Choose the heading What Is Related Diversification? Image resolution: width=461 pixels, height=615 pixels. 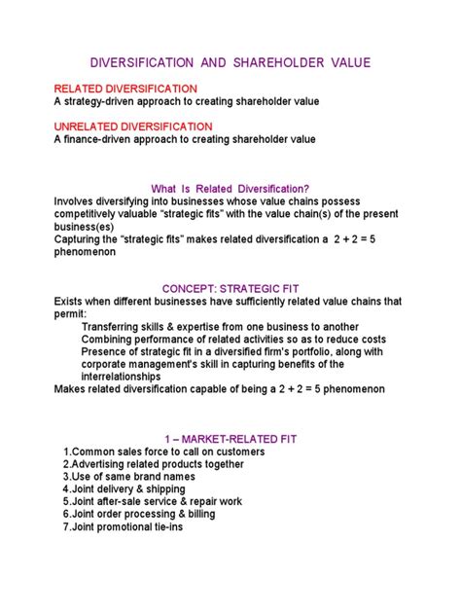230,189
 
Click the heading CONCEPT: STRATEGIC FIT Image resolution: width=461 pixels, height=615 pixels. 230,289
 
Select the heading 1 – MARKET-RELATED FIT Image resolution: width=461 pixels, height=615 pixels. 230,440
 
